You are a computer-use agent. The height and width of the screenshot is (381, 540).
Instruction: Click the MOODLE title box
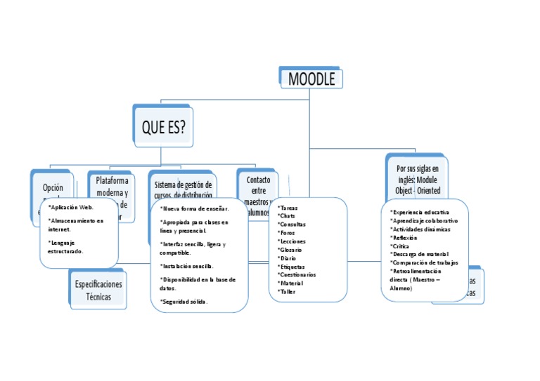[x=311, y=79]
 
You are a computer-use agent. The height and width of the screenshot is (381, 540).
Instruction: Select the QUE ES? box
[x=164, y=127]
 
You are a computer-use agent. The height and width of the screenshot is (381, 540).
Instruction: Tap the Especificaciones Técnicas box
[x=98, y=290]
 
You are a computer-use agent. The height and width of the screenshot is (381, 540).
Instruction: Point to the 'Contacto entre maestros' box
[x=258, y=187]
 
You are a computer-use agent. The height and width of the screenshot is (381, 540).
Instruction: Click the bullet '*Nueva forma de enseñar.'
[x=195, y=208]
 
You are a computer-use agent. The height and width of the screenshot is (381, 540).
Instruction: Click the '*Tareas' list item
[x=288, y=208]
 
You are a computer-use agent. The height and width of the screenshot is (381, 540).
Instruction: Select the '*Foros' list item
[x=287, y=233]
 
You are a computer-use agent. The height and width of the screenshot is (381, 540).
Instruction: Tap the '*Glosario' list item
[x=290, y=250]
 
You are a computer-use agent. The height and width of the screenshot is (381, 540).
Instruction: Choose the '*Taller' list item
[x=288, y=291]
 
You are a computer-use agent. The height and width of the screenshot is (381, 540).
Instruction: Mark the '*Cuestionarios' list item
[x=297, y=274]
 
